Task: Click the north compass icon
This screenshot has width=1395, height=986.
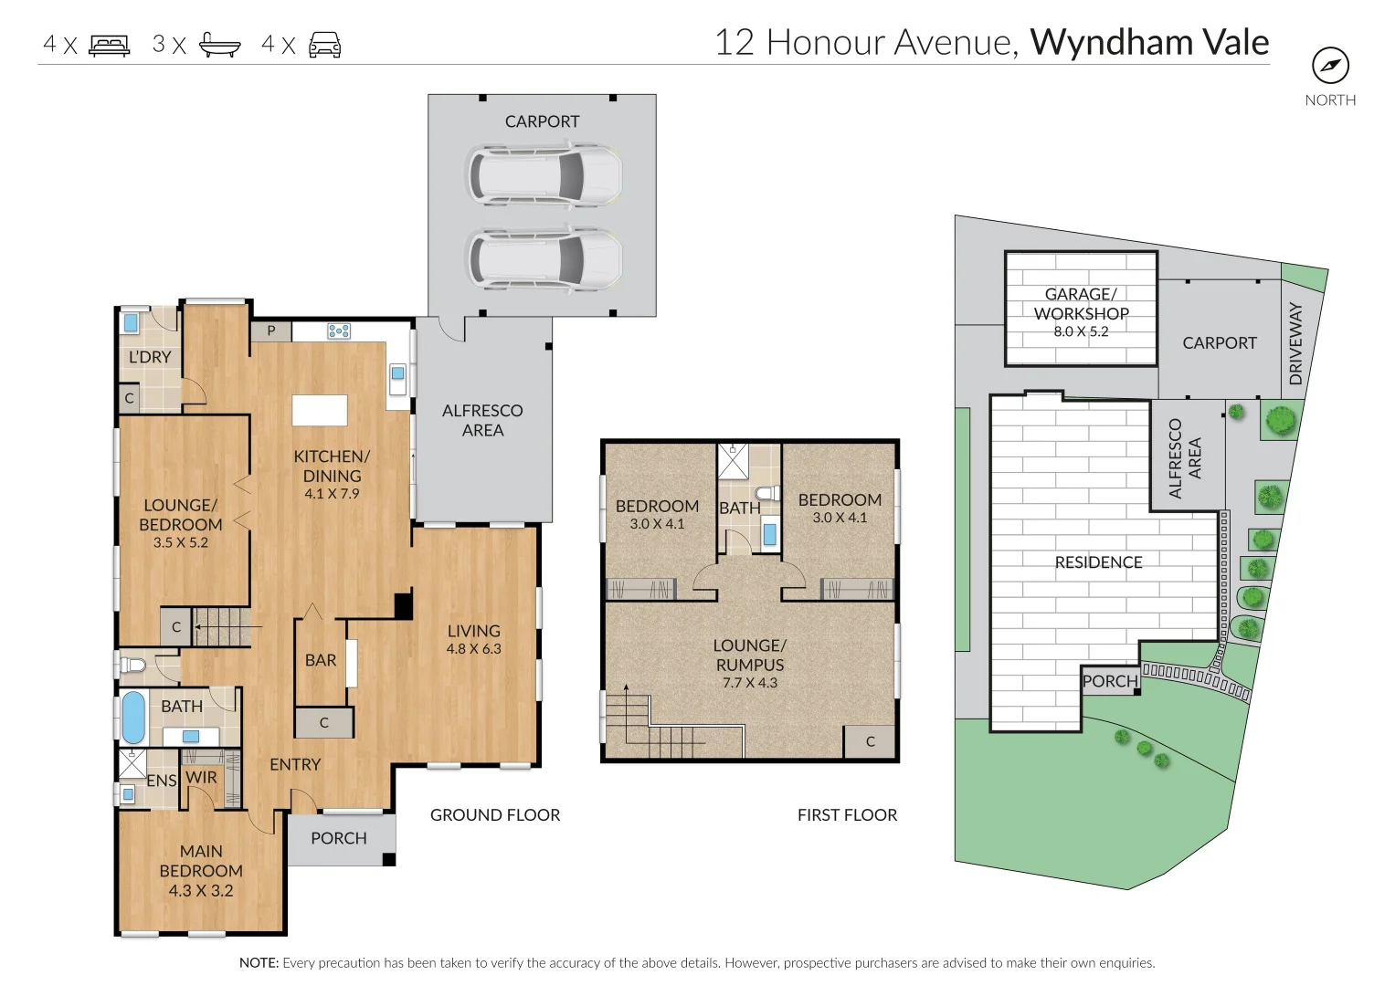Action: click(1330, 66)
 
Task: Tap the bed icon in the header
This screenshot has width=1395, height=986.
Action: click(110, 45)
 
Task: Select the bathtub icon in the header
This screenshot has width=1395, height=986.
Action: click(220, 45)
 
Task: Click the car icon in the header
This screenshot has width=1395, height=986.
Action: click(324, 45)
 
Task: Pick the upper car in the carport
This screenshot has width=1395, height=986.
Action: click(544, 173)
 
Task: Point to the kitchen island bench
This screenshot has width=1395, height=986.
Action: click(320, 410)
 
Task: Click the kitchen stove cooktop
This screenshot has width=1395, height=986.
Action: click(339, 331)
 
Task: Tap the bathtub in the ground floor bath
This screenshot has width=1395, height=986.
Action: click(133, 718)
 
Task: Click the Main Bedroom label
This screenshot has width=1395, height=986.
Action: click(201, 861)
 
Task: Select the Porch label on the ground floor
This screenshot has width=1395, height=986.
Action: click(339, 838)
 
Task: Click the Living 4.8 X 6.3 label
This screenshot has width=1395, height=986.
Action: click(473, 639)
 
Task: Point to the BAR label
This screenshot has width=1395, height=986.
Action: click(321, 660)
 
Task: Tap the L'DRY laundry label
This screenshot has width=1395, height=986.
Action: click(150, 357)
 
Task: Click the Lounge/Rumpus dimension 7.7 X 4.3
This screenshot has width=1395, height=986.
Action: click(749, 682)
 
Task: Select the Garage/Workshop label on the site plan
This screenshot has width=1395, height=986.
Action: click(1081, 304)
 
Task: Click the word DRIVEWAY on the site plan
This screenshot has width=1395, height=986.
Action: click(1295, 344)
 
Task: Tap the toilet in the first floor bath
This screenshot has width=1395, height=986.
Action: click(768, 494)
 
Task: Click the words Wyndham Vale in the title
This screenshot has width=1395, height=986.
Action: click(1149, 42)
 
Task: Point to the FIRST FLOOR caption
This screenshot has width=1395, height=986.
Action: click(847, 814)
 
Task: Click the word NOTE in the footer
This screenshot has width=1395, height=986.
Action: click(259, 962)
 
